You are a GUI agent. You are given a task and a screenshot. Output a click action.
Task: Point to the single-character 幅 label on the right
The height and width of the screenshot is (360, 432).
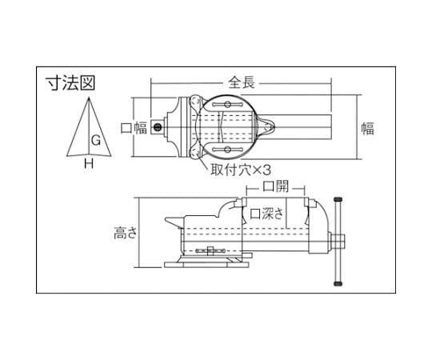click(x=367, y=128)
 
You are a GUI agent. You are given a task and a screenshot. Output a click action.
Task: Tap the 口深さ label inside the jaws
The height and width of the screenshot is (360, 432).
click(x=268, y=214)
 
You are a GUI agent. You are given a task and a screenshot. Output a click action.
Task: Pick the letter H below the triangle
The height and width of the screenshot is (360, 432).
click(x=89, y=164)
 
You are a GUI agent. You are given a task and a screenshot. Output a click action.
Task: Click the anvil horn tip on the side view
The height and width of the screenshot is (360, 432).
click(x=166, y=222)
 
